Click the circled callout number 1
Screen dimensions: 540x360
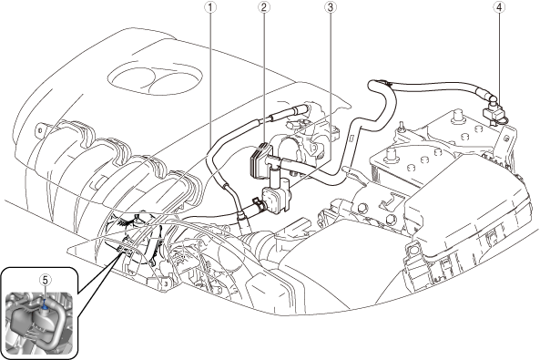210,7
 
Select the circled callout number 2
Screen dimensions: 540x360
264,7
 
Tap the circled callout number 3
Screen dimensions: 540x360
331,7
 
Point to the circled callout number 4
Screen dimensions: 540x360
499,7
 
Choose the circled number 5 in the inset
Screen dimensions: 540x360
46,280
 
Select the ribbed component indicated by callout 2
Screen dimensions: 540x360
259,160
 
